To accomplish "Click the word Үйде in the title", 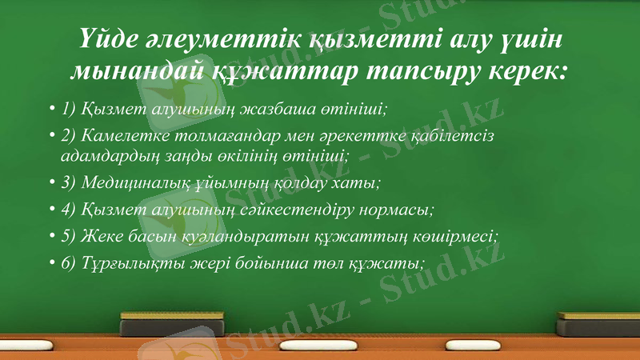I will (106, 39).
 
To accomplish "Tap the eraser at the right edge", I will (600, 322).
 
